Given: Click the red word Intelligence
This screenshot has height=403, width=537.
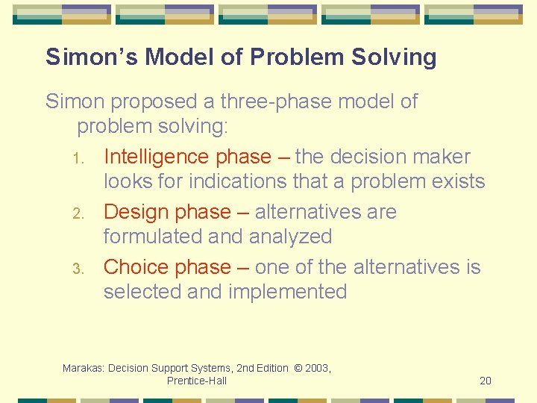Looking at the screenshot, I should pos(157,157).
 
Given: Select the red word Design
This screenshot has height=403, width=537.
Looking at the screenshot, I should pos(136,212).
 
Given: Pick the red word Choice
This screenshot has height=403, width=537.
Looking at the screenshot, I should pos(136,267).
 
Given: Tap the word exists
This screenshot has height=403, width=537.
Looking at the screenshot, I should pos(456,181).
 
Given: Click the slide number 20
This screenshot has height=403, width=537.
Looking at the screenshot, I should pos(486,381).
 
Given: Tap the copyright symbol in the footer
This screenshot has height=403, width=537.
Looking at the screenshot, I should pos(298,368).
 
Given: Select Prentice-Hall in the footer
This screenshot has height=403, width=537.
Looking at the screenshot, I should pos(197,381).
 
